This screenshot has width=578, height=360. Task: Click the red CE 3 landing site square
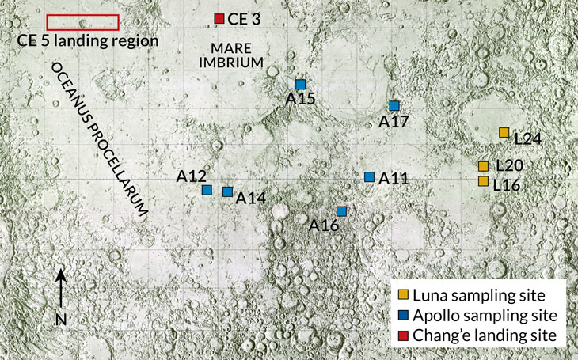pos(219,18)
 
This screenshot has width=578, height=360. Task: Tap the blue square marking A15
pos(300,84)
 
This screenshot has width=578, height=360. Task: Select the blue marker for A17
pos(394,105)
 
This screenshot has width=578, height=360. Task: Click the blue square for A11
pos(369,176)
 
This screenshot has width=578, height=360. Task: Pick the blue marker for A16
pos(341,211)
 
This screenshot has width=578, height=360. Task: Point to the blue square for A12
pos(207,190)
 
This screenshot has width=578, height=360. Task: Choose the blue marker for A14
pos(227,191)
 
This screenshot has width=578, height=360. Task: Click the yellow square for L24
pos(504,132)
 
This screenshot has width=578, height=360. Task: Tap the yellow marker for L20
pos(483,166)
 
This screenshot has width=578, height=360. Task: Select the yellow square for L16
pos(483,181)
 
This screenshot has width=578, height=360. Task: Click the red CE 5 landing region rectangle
pos(82,22)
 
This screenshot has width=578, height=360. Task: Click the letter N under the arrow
pos(61,320)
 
